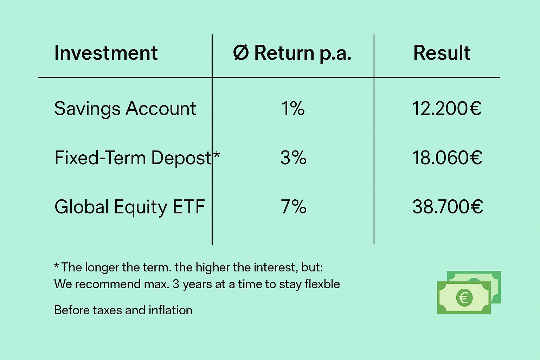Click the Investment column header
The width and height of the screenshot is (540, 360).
click(x=106, y=53)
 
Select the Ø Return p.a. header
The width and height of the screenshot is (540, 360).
click(x=292, y=53)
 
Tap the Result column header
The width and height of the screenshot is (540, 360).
click(x=442, y=53)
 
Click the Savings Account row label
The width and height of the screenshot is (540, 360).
click(x=125, y=109)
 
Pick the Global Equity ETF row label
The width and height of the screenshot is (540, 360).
click(x=130, y=207)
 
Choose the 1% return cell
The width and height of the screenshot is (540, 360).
click(x=293, y=108)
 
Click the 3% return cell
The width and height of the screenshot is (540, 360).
click(x=293, y=157)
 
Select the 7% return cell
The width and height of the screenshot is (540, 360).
click(x=294, y=206)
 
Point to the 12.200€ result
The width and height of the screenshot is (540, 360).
click(x=447, y=108)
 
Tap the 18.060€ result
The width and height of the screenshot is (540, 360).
click(x=447, y=157)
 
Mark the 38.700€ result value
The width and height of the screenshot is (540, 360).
click(x=448, y=206)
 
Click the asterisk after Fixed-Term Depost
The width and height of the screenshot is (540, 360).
click(x=217, y=154)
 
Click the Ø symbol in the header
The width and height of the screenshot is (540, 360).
click(x=241, y=53)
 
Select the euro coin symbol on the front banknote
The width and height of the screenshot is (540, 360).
click(x=464, y=298)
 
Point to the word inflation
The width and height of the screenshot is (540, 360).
click(x=171, y=310)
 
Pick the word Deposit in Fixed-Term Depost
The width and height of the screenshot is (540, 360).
click(x=181, y=158)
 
